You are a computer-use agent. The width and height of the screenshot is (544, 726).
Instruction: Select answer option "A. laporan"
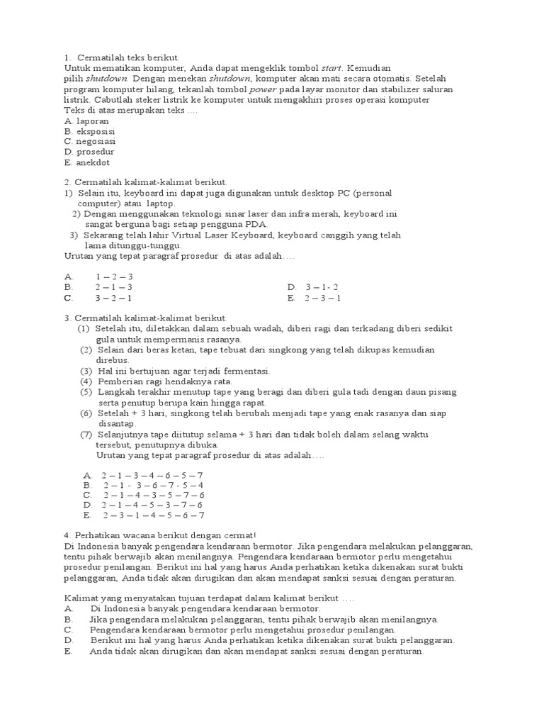pyautogui.click(x=86, y=121)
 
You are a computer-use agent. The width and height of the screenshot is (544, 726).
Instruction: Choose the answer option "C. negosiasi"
pyautogui.click(x=90, y=141)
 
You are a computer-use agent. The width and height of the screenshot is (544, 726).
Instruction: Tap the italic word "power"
pyautogui.click(x=262, y=90)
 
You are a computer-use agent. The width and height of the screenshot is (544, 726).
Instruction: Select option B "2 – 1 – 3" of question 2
pyautogui.click(x=114, y=287)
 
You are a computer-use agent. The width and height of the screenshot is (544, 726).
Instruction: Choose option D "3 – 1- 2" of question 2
pyautogui.click(x=322, y=287)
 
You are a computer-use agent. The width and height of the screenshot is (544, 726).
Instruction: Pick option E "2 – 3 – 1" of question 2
pyautogui.click(x=323, y=298)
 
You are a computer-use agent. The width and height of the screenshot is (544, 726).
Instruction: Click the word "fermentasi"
pyautogui.click(x=244, y=371)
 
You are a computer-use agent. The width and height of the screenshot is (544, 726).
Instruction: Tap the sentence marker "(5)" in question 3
pyautogui.click(x=86, y=391)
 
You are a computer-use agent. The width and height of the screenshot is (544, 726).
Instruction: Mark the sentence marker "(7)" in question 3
pyautogui.click(x=86, y=434)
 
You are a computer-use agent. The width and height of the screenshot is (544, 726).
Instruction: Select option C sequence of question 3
pyautogui.click(x=153, y=494)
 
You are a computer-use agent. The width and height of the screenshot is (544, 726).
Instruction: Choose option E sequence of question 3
pyautogui.click(x=153, y=515)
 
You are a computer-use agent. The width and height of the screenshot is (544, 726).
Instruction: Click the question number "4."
pyautogui.click(x=67, y=535)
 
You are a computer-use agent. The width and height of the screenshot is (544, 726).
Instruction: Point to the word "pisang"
pyautogui.click(x=442, y=391)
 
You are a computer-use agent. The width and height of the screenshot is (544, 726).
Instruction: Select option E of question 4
pyautogui.click(x=255, y=652)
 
